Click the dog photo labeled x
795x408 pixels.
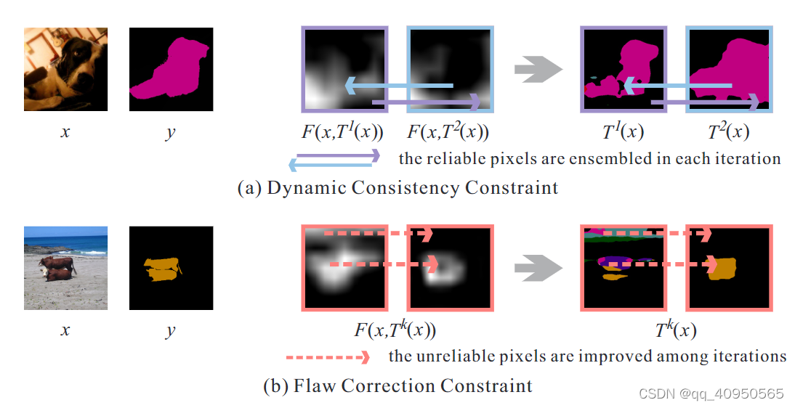[x=65, y=69]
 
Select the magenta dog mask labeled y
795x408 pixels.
[x=171, y=69]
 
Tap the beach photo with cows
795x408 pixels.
[x=65, y=268]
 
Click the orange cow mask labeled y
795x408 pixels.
[x=171, y=268]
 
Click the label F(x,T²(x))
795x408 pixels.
[x=448, y=133]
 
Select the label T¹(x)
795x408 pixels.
[x=623, y=133]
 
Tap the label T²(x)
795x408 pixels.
[x=727, y=133]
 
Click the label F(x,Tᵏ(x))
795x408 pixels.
[x=395, y=331]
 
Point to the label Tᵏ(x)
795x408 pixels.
[x=675, y=331]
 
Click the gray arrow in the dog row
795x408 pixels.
[x=538, y=70]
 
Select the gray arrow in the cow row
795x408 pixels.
[x=538, y=268]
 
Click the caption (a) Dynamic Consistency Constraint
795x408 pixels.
[x=398, y=187]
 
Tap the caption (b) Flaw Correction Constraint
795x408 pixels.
[x=397, y=385]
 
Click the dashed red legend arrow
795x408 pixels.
[x=328, y=357]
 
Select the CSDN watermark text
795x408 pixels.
[x=711, y=393]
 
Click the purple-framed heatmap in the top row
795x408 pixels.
[x=345, y=70]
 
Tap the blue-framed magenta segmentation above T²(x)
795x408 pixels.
[x=729, y=70]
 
